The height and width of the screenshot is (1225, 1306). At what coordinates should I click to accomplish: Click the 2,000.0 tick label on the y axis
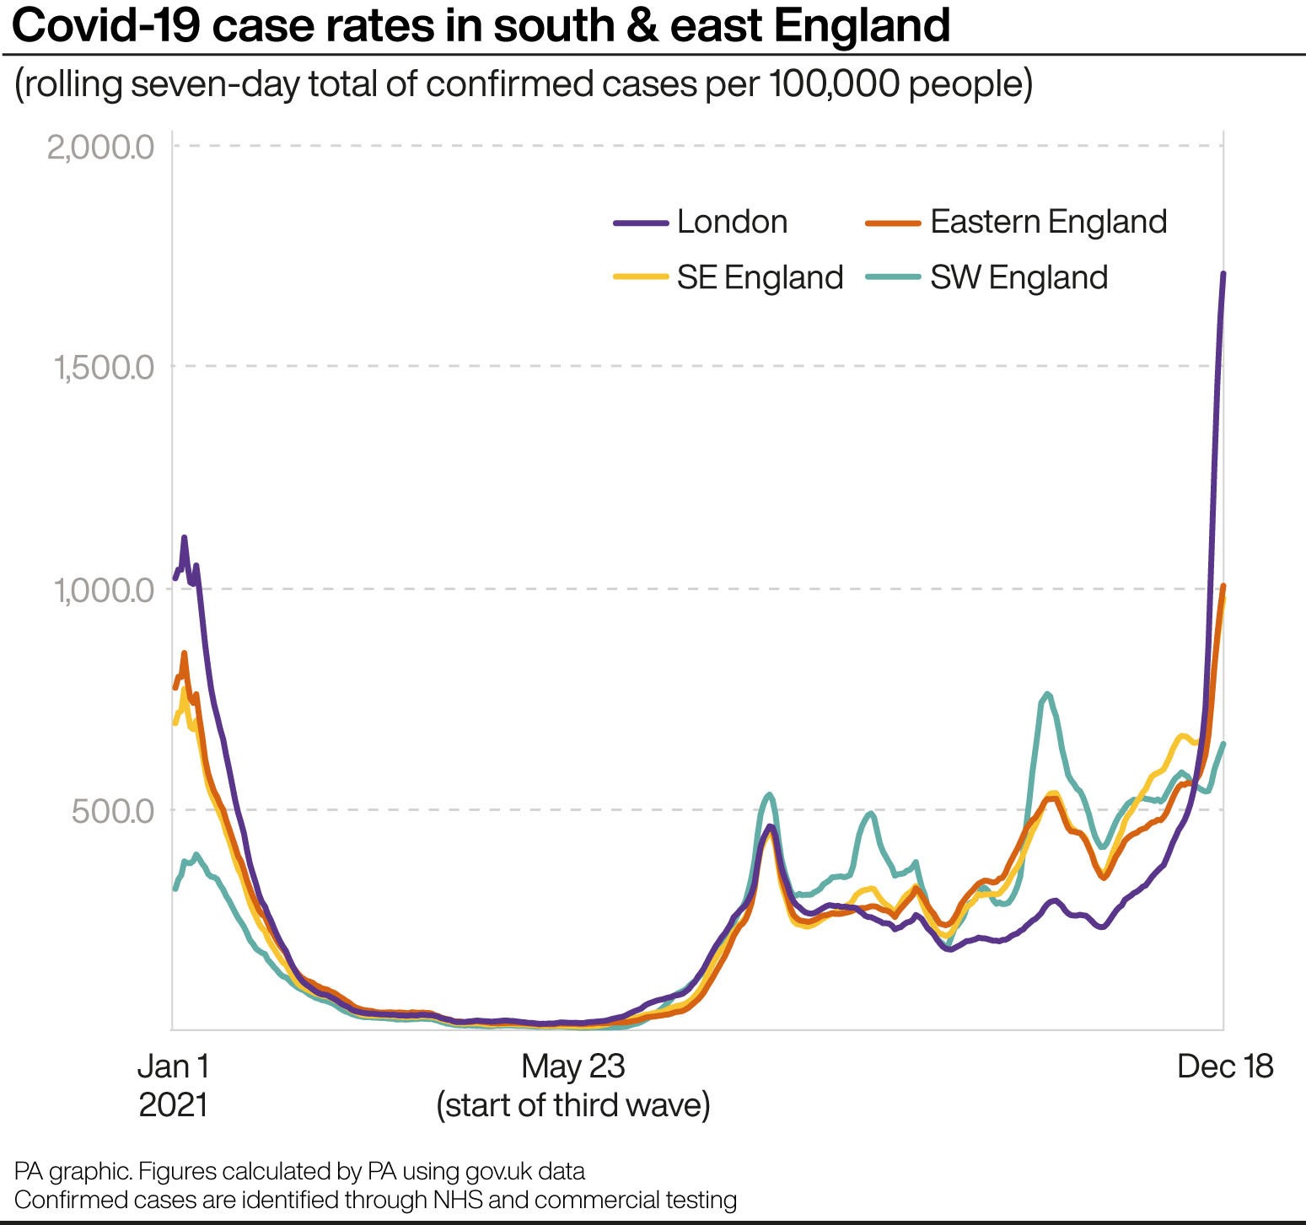click(101, 148)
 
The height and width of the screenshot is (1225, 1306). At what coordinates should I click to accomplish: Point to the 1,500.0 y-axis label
click(104, 368)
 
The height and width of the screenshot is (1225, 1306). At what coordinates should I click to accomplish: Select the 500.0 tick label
click(113, 811)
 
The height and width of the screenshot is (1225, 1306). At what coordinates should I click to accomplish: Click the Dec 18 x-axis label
click(1224, 1067)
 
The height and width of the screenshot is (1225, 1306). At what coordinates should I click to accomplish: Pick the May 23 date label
click(573, 1067)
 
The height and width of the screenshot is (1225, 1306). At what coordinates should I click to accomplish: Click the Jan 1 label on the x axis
click(174, 1067)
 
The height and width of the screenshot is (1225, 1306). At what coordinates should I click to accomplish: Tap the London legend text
click(732, 222)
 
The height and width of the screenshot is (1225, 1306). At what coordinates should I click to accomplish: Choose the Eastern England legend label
click(1048, 222)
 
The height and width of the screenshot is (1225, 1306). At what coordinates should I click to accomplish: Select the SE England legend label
click(760, 277)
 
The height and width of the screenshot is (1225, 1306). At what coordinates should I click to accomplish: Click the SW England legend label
click(1018, 277)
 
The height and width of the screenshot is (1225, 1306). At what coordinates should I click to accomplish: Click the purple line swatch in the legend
click(641, 223)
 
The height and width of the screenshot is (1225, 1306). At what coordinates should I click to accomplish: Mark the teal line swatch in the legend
click(893, 277)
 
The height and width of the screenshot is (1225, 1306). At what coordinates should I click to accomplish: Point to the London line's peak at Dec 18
click(1223, 274)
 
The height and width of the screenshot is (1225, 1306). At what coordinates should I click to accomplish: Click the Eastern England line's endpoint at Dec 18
click(1223, 586)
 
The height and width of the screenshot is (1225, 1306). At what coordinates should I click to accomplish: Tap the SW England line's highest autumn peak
click(1047, 694)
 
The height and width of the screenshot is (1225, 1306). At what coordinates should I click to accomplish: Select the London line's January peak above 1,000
click(184, 537)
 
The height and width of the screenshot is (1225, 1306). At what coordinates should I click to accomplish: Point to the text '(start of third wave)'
click(573, 1105)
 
